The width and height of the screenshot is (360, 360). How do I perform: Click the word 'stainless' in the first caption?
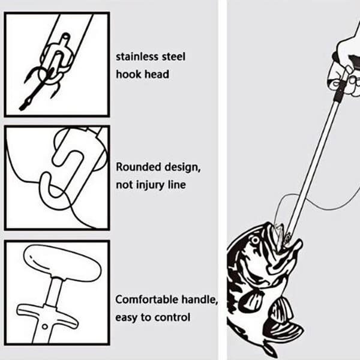point(137,57)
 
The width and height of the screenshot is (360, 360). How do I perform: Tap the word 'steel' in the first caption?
point(173,57)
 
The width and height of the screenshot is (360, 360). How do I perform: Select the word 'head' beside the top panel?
point(157,74)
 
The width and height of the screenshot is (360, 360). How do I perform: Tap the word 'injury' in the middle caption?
point(151,185)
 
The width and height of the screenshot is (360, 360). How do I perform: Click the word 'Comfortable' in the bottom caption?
point(146,299)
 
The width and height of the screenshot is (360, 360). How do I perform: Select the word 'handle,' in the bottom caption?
point(200,299)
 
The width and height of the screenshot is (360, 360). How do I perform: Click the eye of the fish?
point(255,241)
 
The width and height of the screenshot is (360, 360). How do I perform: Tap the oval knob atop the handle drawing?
point(62,263)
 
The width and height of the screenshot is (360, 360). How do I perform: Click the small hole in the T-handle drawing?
point(45,326)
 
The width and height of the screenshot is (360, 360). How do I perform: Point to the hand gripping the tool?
point(344,67)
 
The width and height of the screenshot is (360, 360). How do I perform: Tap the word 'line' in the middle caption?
point(177,185)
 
